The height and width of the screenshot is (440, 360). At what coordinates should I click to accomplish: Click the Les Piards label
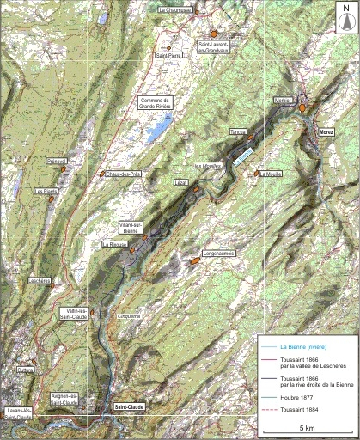[46, 192]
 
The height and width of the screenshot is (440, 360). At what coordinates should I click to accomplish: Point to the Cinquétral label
[131, 317]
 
